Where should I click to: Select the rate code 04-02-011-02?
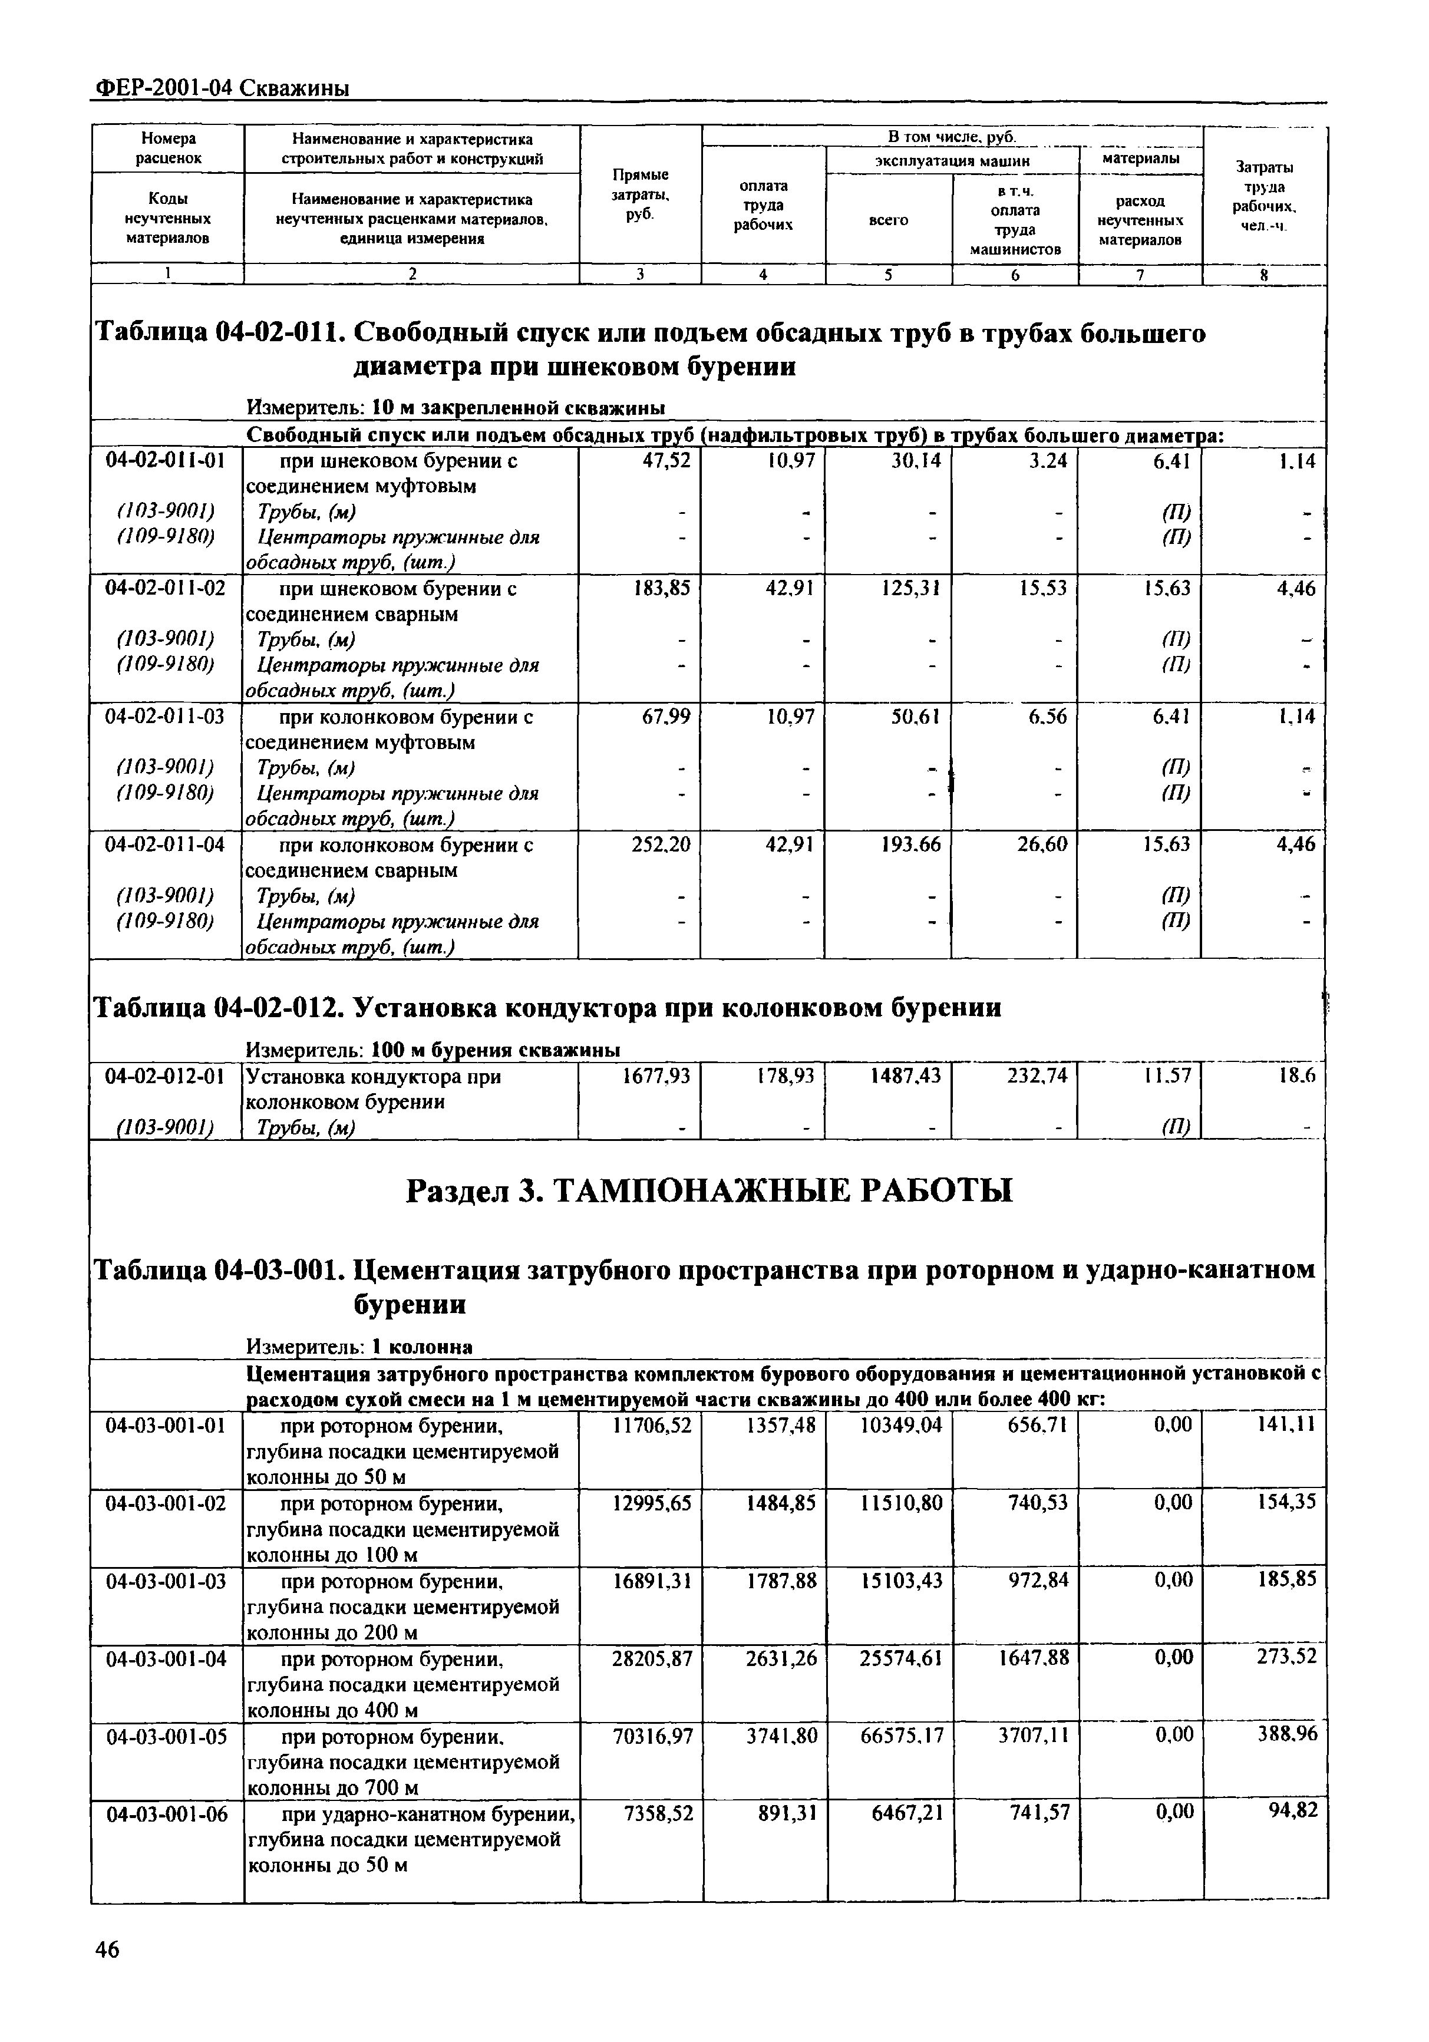click(166, 589)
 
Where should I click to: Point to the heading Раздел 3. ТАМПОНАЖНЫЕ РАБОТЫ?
click(709, 1190)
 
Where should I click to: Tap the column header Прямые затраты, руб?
click(640, 195)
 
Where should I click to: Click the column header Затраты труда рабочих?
click(1263, 196)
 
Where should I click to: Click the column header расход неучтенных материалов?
click(1140, 220)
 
